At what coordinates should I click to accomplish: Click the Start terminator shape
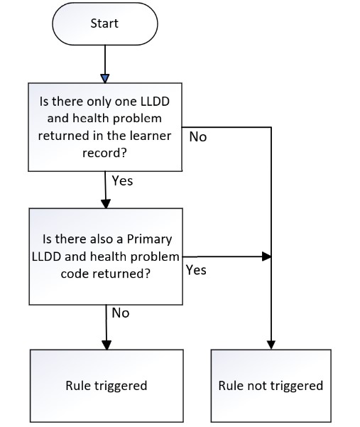point(105,23)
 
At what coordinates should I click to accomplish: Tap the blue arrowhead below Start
point(105,78)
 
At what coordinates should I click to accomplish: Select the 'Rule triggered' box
point(107,386)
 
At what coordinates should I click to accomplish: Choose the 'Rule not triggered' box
point(271,386)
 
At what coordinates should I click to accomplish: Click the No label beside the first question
point(198,136)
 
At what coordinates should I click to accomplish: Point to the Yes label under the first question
point(122,181)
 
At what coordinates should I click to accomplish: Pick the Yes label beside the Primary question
point(196,270)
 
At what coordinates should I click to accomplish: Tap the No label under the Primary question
point(121,313)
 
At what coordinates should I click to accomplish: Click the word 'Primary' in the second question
point(149,239)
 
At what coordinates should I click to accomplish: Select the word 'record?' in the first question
point(105,153)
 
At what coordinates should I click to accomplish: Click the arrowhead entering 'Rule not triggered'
point(271,345)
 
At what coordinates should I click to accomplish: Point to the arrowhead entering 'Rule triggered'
point(107,345)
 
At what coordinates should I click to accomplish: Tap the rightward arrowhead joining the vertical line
point(266,256)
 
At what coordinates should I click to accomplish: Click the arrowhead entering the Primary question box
point(106,204)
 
